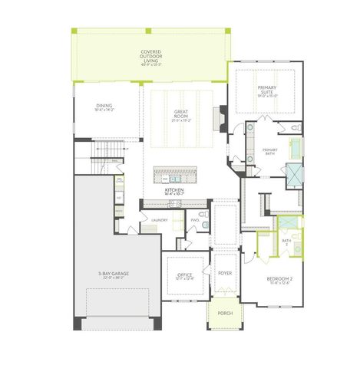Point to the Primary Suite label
(x=266, y=91)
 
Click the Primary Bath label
(x=269, y=150)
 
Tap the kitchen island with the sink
(x=175, y=172)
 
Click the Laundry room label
(x=159, y=221)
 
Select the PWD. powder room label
(x=195, y=221)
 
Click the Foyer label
(x=225, y=272)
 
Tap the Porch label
(x=225, y=313)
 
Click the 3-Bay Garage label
(x=112, y=275)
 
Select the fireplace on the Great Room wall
(x=221, y=120)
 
